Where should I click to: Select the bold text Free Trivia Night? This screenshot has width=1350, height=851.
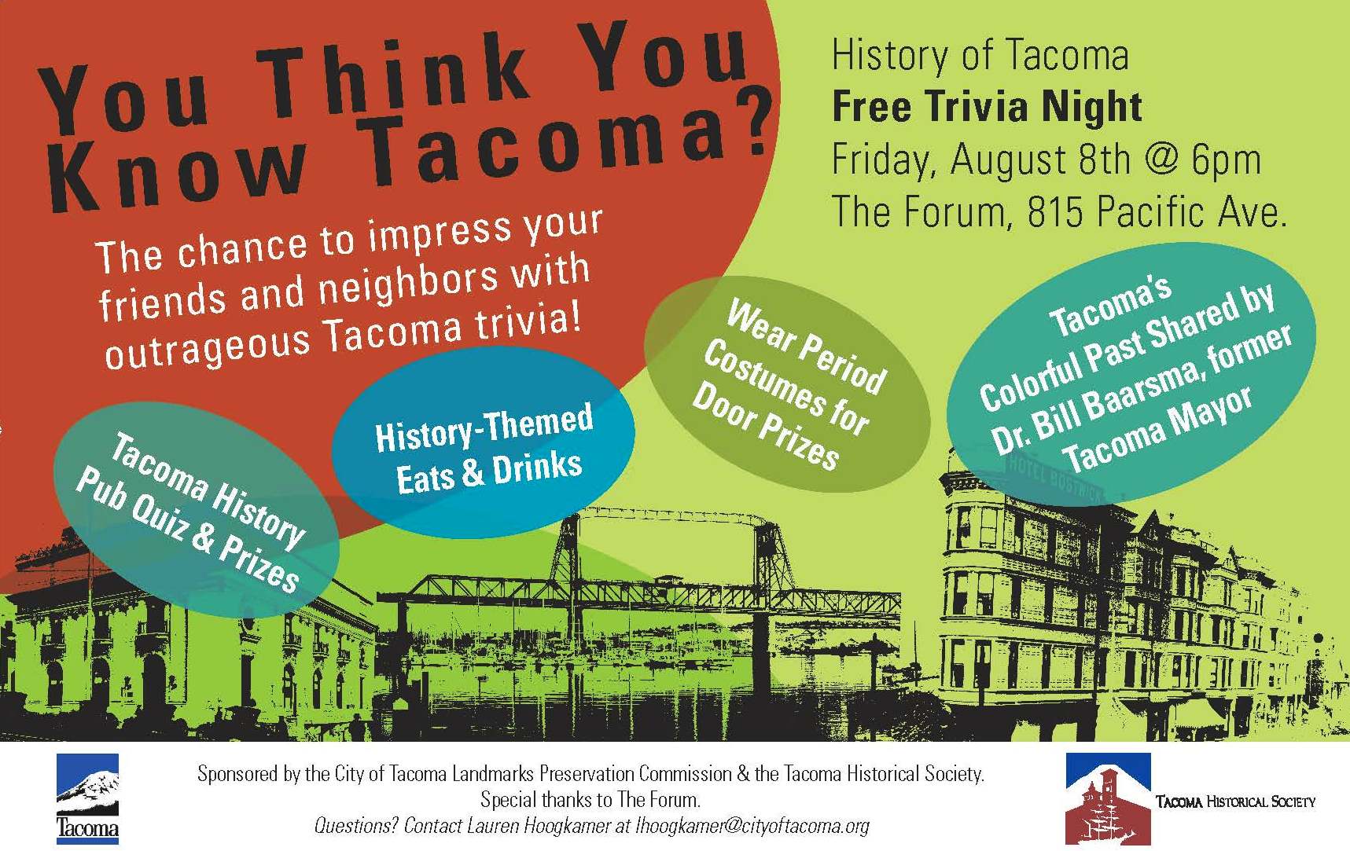987,108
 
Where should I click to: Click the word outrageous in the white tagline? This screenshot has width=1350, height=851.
207,347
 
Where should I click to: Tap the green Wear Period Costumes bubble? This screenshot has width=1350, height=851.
787,383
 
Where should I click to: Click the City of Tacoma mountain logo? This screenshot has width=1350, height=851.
87,798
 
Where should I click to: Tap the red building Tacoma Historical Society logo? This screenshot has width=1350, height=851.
1108,798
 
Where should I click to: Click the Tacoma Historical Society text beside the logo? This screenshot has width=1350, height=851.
1235,801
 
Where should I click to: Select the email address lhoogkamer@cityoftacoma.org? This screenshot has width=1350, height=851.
752,826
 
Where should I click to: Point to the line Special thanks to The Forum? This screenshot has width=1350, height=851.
590,800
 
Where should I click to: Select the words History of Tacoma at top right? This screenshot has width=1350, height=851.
980,55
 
